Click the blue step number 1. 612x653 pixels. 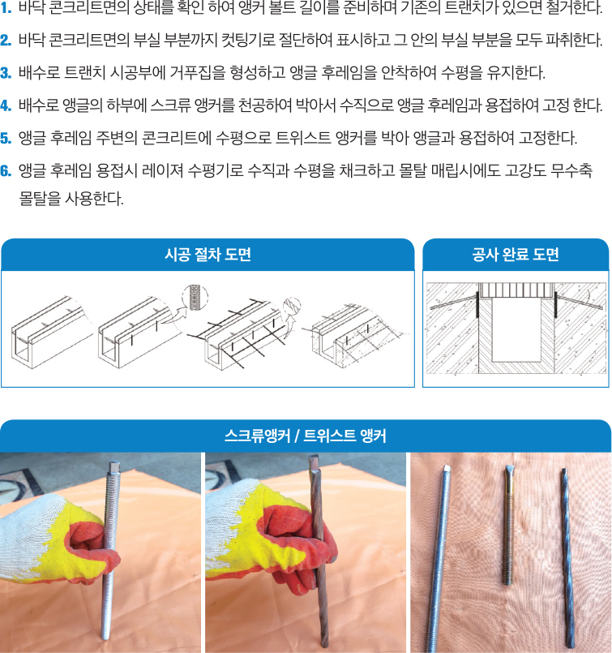point(6,8)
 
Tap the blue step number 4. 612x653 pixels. point(6,105)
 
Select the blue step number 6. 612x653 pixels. point(6,170)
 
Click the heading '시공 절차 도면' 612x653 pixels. point(208,255)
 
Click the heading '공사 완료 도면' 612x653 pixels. point(516,255)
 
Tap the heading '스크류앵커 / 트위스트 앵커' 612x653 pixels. point(306,436)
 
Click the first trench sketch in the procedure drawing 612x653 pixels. point(51,333)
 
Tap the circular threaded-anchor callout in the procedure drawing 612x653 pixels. point(195,298)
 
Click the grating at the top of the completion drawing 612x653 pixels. point(516,290)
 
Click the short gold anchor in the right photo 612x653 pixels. point(509,525)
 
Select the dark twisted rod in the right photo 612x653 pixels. point(568,557)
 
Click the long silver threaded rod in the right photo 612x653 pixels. point(439,558)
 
